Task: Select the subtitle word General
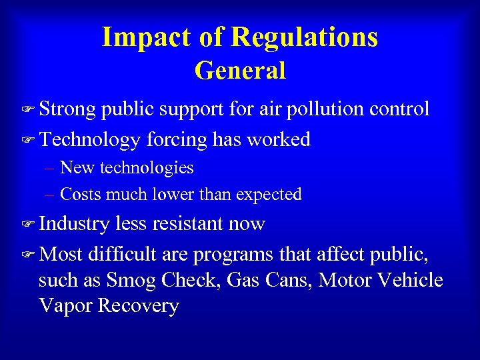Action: coord(240,70)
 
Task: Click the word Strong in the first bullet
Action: coord(67,109)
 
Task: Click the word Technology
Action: coord(89,139)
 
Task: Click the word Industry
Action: coord(73,224)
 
